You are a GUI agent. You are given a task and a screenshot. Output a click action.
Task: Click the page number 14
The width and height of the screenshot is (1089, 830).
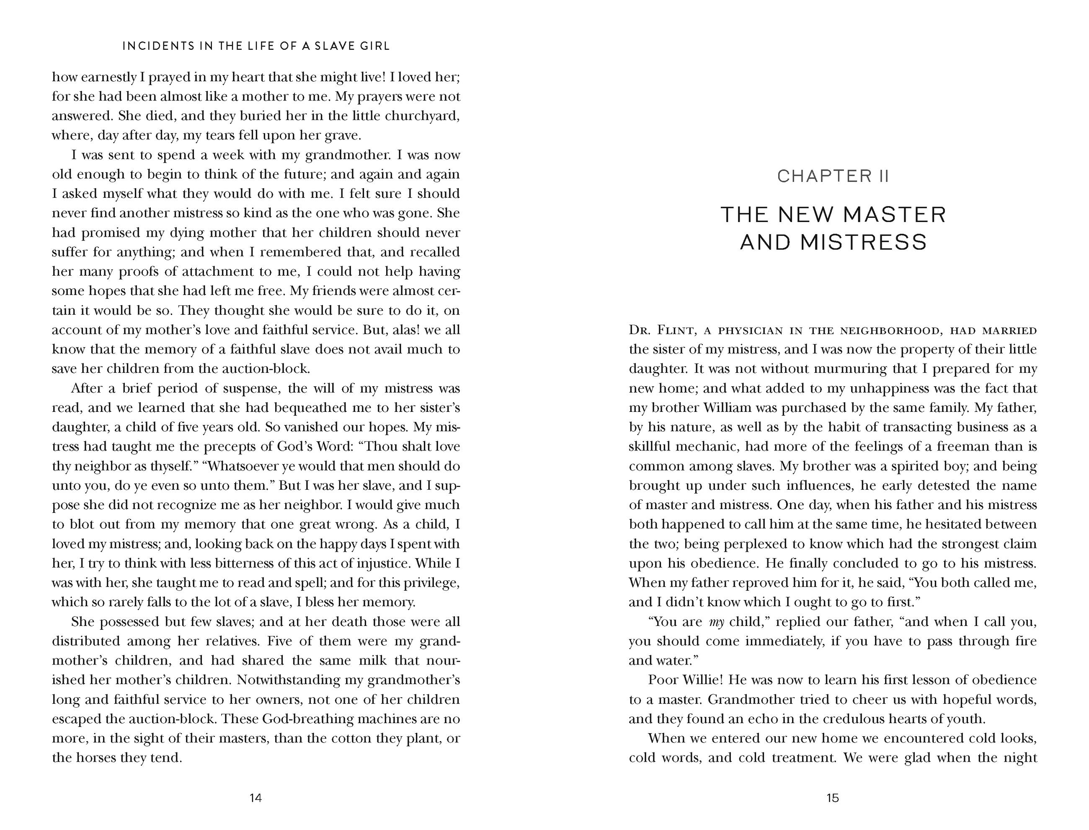255,797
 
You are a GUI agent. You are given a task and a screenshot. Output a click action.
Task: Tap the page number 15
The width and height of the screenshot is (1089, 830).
832,797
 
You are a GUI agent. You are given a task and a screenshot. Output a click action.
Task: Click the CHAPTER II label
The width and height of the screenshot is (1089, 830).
833,176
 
